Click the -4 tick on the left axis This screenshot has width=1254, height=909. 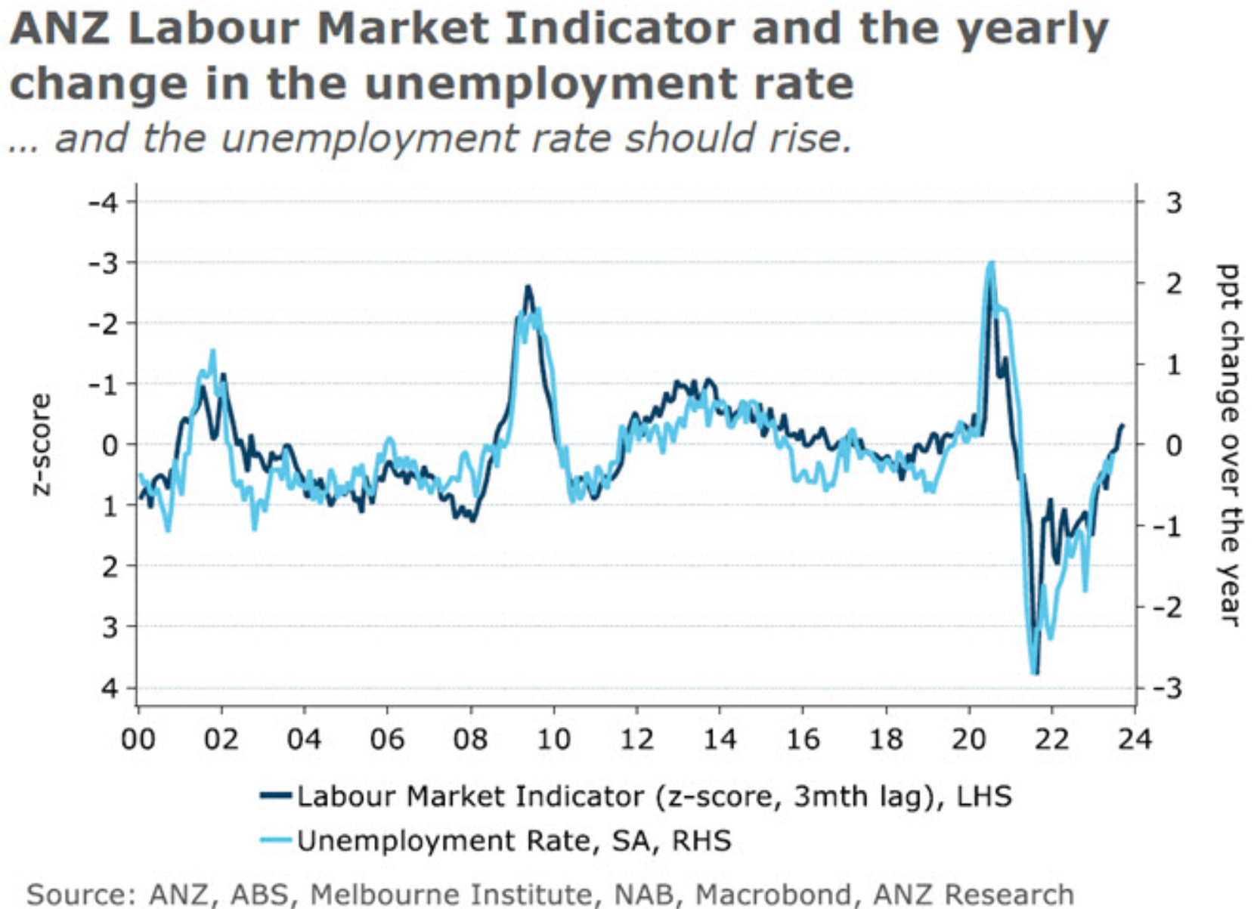pos(104,203)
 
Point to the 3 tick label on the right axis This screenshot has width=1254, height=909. pos(1173,203)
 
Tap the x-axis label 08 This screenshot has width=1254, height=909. pos(470,738)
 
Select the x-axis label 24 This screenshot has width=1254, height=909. pos(1134,738)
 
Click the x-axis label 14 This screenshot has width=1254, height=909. pos(720,738)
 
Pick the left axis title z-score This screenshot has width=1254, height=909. pos(41,444)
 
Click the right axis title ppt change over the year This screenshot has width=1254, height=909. pos(1228,444)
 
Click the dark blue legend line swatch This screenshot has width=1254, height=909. pos(275,796)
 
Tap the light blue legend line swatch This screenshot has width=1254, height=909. pos(275,839)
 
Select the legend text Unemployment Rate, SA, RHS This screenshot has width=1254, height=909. pos(514,840)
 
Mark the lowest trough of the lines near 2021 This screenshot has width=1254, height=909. pos(1034,672)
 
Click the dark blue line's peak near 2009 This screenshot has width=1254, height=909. pos(528,287)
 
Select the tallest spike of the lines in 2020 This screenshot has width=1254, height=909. pos(990,263)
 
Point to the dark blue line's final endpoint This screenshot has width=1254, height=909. pos(1122,425)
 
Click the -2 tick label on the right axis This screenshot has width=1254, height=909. pos(1168,607)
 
